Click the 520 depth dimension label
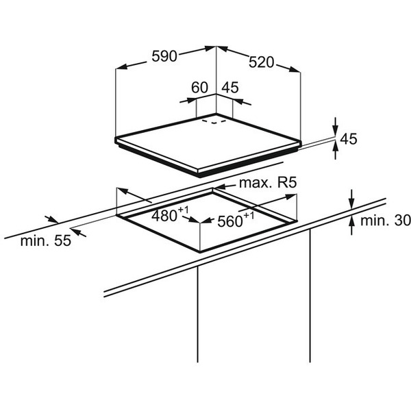coord(261,62)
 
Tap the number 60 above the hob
coord(199,88)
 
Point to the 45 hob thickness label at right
coord(349,139)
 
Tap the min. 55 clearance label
coord(45,241)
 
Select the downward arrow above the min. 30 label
coord(350,204)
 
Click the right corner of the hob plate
coord(301,142)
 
